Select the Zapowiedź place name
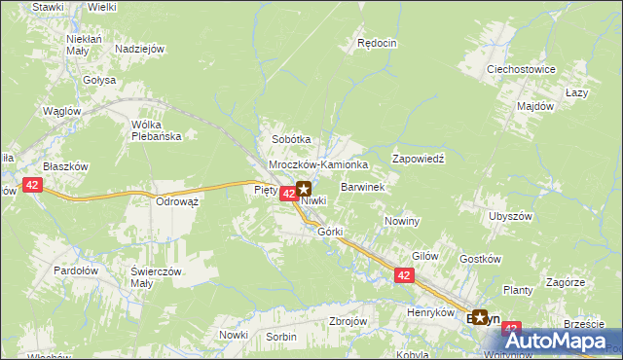point(418,158)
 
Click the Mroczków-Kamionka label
point(317,165)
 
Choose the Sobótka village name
point(291,140)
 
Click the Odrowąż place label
point(177,201)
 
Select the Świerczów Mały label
point(157,277)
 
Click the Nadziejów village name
point(138,49)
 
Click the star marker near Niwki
point(304,190)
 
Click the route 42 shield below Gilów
point(405,276)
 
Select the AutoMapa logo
point(558,341)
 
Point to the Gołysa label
point(99,80)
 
